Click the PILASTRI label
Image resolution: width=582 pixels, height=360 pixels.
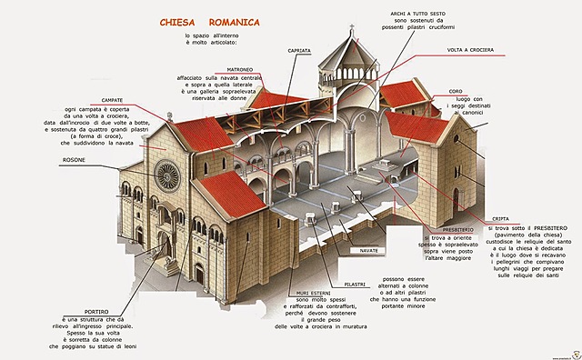point(355,284)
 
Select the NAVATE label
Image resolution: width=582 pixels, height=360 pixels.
point(369,248)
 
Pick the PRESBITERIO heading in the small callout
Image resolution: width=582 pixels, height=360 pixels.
point(454,228)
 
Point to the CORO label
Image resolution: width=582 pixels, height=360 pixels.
point(481,91)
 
